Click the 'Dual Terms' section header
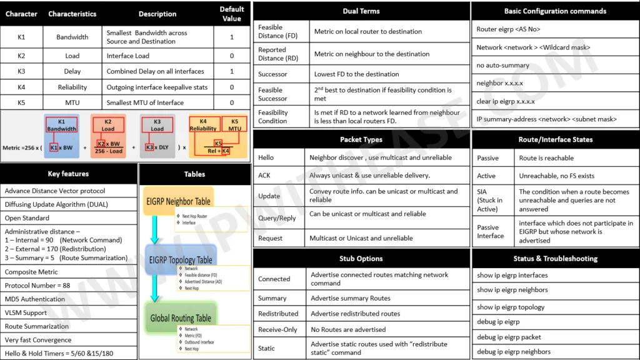point(361,11)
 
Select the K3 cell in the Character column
point(21,72)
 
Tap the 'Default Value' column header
point(231,13)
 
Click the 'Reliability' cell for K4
point(72,87)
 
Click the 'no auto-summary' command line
point(503,65)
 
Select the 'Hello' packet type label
point(266,158)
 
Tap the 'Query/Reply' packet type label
point(277,218)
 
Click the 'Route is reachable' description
point(546,158)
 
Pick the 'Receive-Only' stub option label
point(278,329)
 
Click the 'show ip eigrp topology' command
point(511,307)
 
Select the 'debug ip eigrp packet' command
point(509,337)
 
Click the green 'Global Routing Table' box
point(181,318)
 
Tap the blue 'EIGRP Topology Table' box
point(181,260)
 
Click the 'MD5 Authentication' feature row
point(35,299)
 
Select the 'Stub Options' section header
point(361,259)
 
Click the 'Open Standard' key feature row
point(27,218)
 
